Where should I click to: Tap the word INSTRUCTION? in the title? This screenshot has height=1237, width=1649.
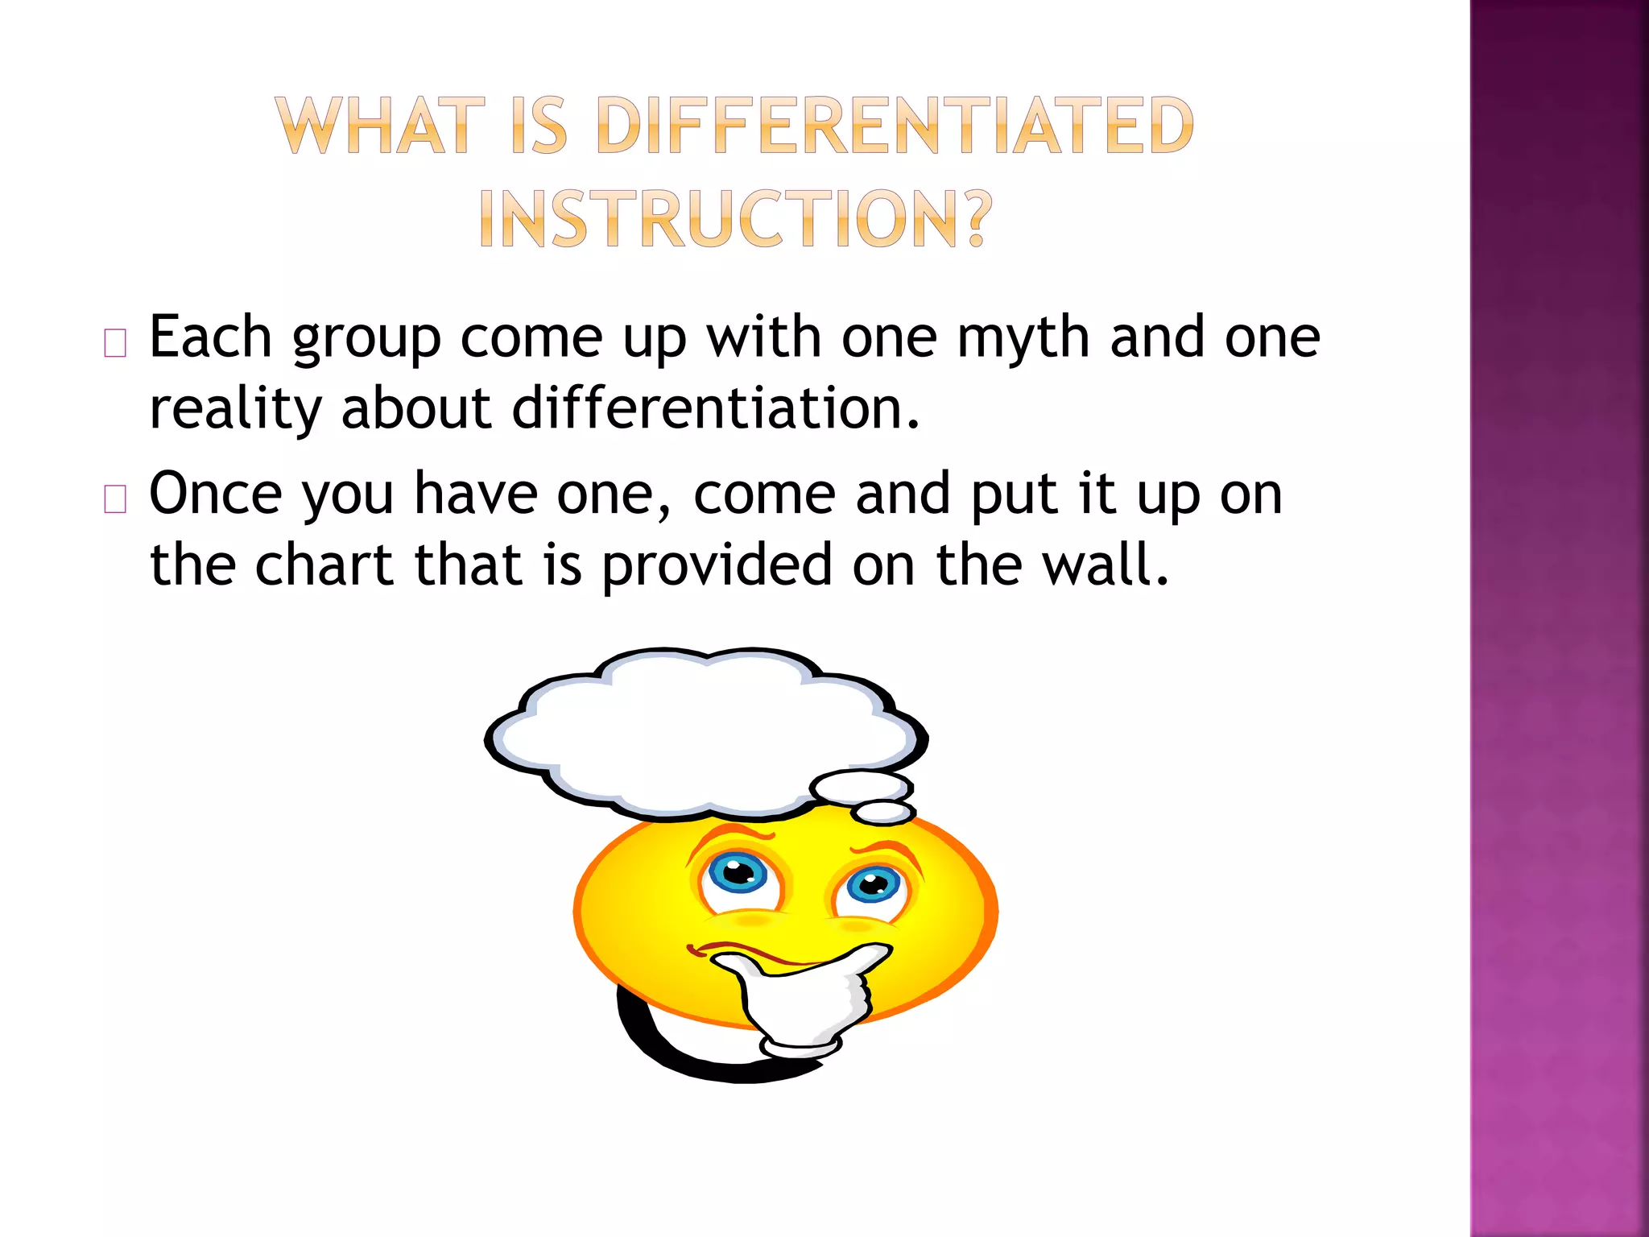coord(734,219)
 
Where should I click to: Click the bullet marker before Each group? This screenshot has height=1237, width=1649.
coord(115,344)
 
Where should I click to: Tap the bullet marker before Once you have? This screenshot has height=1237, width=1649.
coord(115,500)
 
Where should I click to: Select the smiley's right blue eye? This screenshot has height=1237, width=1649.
coord(873,885)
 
